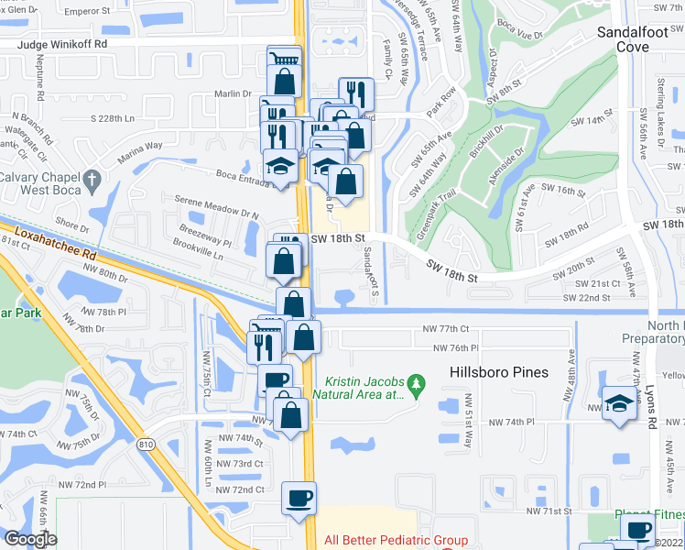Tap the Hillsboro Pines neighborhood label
click(498, 372)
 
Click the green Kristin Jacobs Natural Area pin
click(417, 382)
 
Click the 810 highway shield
click(147, 444)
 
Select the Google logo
click(30, 539)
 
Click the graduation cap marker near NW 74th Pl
click(619, 402)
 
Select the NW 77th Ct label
click(446, 328)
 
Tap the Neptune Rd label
click(42, 88)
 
